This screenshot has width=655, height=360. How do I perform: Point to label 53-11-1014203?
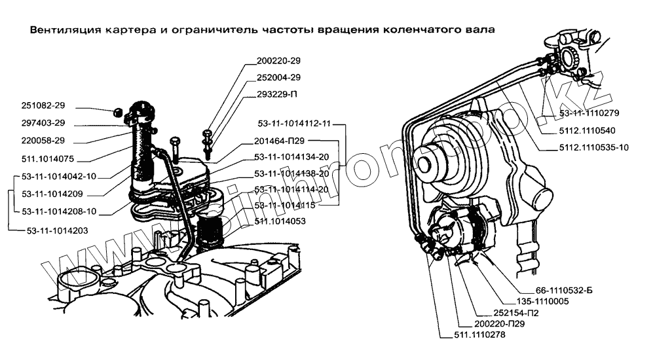pos(58,230)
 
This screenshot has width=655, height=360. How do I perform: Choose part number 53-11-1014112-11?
pos(295,122)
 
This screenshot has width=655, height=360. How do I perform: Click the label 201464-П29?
pos(280,140)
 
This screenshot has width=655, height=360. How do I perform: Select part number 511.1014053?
pos(280,221)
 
